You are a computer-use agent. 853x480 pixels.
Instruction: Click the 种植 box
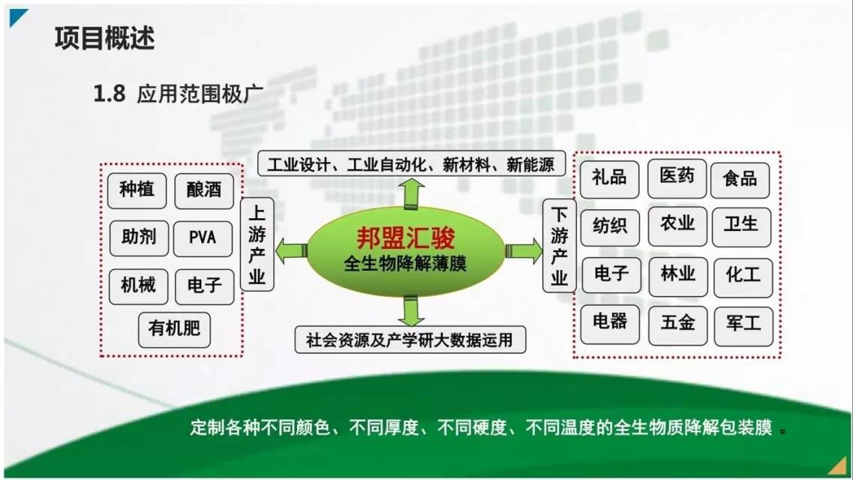(x=137, y=189)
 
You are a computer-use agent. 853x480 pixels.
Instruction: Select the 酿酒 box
(x=203, y=189)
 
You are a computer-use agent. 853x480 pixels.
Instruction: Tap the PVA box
(x=203, y=238)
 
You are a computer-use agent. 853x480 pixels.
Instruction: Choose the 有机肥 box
(x=174, y=329)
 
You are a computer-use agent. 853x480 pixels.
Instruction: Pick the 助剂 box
(x=139, y=238)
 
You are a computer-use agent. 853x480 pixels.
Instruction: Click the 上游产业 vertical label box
(x=257, y=244)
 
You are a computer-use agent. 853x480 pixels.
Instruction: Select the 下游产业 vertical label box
(x=560, y=245)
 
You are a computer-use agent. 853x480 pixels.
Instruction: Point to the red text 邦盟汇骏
(x=405, y=238)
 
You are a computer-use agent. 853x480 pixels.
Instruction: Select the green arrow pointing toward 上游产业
(x=291, y=248)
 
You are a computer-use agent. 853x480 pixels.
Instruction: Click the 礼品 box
(x=610, y=178)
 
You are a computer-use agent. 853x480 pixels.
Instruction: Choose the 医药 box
(x=677, y=177)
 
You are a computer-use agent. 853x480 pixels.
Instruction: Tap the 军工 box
(x=743, y=323)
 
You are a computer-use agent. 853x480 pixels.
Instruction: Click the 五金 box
(x=677, y=323)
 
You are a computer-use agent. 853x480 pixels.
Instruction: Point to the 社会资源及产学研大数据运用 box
(x=410, y=340)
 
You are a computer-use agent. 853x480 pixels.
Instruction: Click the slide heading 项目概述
(x=104, y=38)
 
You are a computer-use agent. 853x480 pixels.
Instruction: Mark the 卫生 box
(x=742, y=224)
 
